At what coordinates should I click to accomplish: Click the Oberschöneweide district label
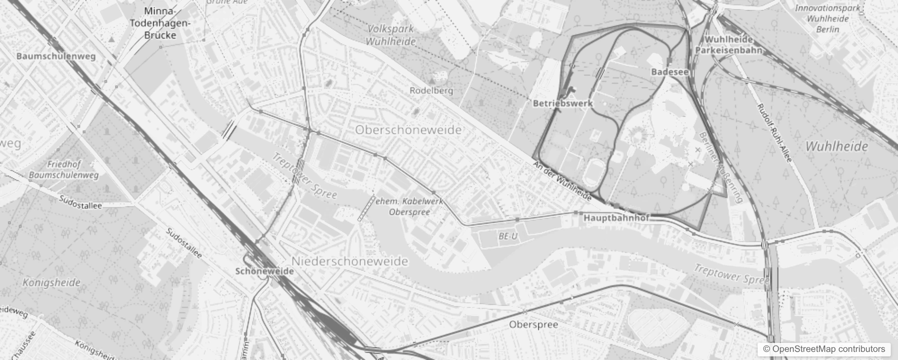408,130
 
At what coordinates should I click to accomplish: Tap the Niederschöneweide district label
350,261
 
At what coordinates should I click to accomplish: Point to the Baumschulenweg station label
56,56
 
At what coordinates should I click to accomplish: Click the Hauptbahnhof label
616,218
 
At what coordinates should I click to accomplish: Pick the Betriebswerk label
563,103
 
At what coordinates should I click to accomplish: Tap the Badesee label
669,72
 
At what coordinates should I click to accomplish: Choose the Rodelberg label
431,90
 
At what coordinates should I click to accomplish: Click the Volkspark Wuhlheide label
391,35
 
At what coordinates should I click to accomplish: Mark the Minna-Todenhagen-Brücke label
161,23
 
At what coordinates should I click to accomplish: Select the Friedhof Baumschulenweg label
63,170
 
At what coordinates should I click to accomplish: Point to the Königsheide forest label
52,283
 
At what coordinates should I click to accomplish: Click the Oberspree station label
534,324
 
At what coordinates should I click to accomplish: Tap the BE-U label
508,236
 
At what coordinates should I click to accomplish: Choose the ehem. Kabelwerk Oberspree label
409,207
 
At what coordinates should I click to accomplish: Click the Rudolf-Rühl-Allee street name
774,134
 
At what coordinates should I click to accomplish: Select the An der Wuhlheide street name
562,181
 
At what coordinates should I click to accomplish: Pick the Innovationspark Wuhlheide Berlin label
828,19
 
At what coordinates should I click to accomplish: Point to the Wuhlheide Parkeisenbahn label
729,45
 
